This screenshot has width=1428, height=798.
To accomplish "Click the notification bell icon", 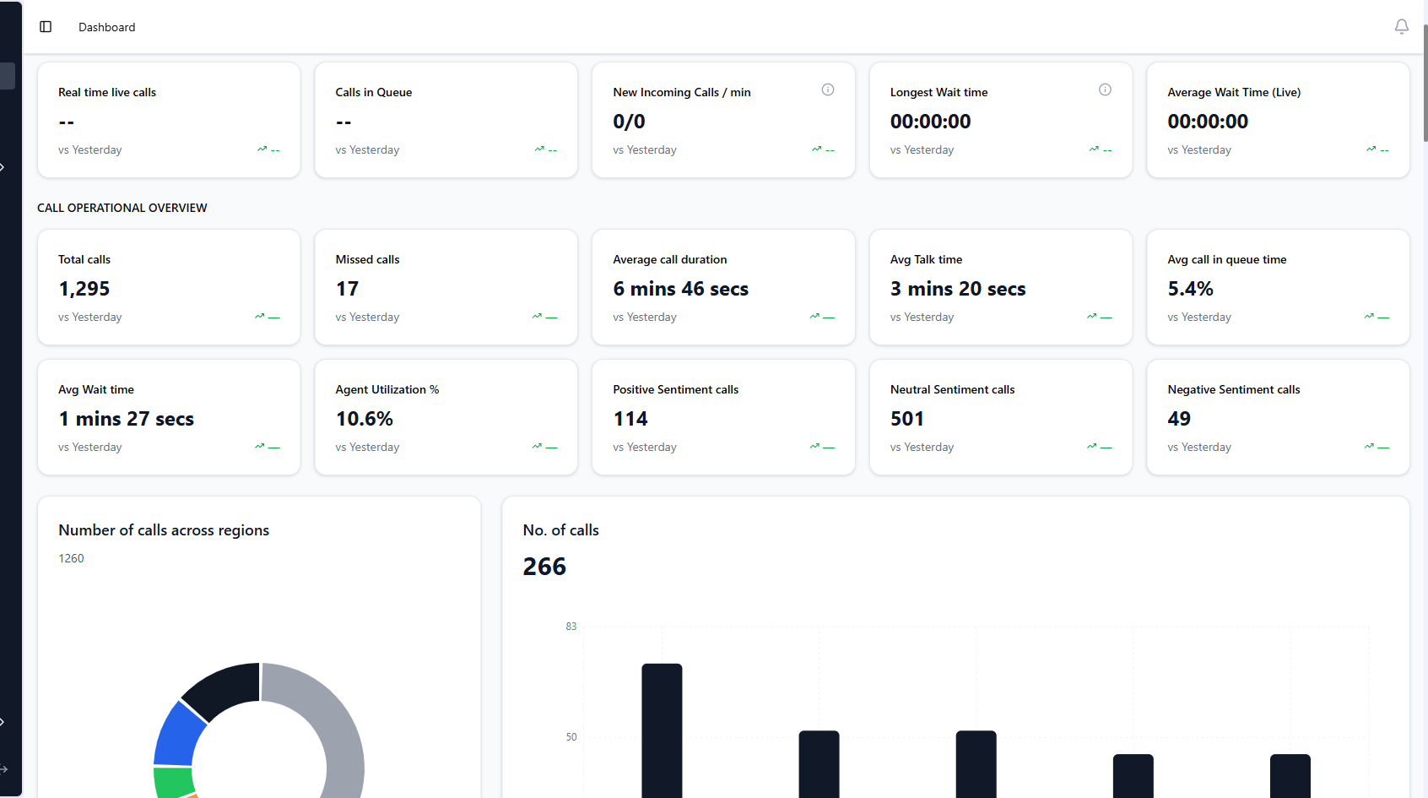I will [x=1401, y=27].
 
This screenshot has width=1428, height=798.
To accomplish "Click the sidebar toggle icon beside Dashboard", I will [x=46, y=27].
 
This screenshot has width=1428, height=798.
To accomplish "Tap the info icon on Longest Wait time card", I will [x=1105, y=90].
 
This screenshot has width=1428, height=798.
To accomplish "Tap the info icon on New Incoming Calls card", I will [x=827, y=90].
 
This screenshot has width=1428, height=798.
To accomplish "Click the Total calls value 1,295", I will [x=84, y=289].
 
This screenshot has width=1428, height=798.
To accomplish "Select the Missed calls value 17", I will [x=347, y=289].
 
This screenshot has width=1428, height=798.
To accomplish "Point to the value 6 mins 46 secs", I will [x=680, y=289].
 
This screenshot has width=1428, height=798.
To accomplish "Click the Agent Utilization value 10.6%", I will [x=365, y=419].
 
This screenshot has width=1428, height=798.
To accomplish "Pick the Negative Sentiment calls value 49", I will [x=1179, y=419].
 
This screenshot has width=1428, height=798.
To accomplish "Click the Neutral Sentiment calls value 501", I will [x=907, y=419].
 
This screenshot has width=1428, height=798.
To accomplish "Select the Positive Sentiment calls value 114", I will [x=630, y=419].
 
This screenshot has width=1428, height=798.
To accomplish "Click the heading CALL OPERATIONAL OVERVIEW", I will [x=122, y=208].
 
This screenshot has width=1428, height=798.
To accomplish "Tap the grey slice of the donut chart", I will [x=333, y=726].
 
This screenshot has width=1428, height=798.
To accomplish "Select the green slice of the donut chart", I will [x=173, y=781].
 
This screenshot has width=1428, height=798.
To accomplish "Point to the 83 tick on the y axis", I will [x=571, y=627].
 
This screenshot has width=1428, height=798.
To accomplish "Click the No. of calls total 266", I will [x=544, y=567].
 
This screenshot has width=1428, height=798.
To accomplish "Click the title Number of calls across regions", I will [x=164, y=530].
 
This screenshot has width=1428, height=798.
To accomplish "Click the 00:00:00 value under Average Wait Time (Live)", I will [x=1208, y=122].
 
